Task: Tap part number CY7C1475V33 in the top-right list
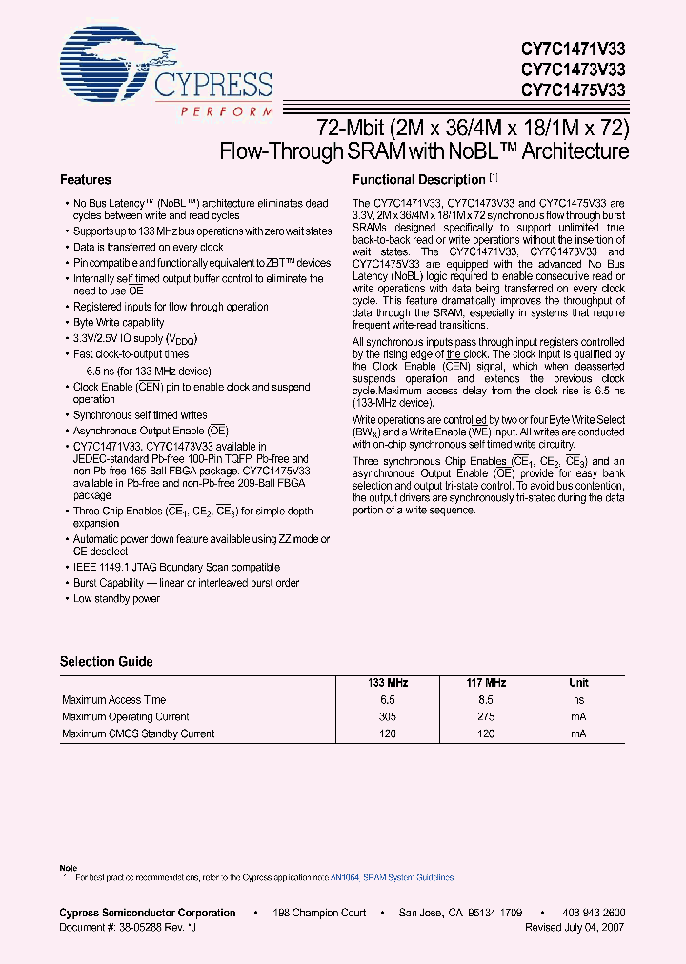[574, 90]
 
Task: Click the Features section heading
[86, 180]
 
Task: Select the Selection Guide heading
[106, 662]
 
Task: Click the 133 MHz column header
[387, 683]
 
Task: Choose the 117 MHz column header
[486, 683]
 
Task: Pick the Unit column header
[578, 683]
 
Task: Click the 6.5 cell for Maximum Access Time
[387, 700]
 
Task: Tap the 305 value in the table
[387, 717]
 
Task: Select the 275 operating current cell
[486, 717]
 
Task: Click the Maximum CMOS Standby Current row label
[138, 734]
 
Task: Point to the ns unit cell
[578, 700]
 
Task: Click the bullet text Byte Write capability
[119, 323]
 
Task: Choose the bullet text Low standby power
[117, 599]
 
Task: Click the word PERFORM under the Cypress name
[227, 111]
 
